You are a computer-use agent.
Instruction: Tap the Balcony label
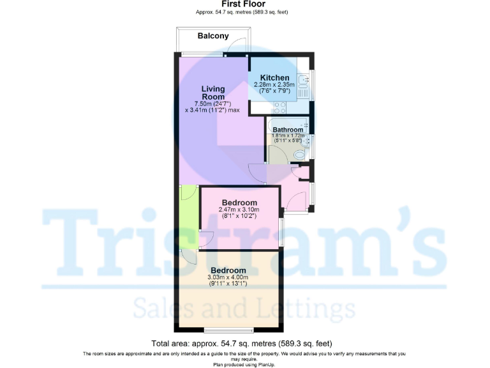coord(213,36)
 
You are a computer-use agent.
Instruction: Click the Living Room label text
coord(213,93)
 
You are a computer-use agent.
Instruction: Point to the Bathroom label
coord(288,130)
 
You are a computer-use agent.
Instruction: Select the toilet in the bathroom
coord(302,153)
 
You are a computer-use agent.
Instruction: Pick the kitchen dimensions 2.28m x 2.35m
coord(274,85)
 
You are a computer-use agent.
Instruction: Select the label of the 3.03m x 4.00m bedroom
coord(228,270)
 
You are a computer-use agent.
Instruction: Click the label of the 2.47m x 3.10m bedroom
coord(240,202)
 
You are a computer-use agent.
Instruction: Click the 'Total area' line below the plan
coord(241,343)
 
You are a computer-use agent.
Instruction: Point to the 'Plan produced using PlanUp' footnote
coord(244,364)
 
